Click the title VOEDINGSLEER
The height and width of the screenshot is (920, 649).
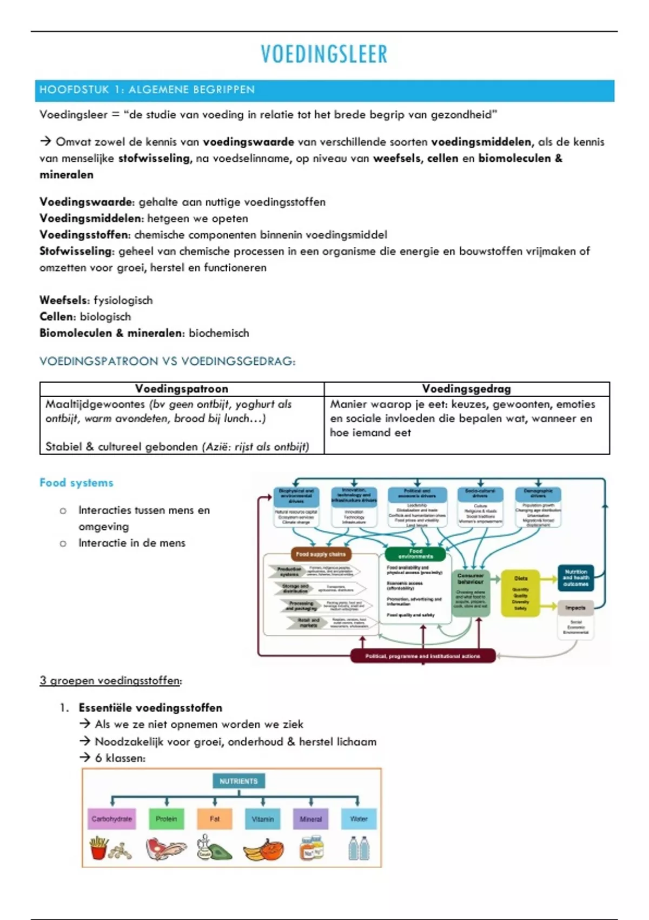point(324,54)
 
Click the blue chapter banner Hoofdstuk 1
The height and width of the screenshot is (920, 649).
point(325,90)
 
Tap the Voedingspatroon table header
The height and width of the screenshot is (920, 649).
point(182,389)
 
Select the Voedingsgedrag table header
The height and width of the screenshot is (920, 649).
point(466,389)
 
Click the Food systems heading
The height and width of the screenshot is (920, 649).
point(76,483)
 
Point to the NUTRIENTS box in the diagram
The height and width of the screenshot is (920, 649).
point(239,781)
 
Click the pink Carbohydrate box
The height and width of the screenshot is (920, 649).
point(112,819)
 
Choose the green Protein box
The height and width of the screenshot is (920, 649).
point(167,819)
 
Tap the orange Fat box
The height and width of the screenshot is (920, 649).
point(215,819)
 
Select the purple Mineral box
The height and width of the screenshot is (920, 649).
point(310,819)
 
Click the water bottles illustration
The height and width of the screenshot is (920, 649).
point(359,848)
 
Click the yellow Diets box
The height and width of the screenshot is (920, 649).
point(520,593)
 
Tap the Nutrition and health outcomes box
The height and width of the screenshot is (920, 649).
point(575,578)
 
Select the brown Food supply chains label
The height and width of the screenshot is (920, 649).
point(321,554)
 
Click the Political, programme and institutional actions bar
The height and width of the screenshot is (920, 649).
point(422,656)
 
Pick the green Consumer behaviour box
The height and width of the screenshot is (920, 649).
point(471,593)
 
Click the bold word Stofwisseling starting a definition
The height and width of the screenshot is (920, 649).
point(75,251)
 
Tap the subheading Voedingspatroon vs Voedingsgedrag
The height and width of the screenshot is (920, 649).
point(167,362)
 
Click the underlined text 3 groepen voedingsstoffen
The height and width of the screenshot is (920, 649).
point(110,681)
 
